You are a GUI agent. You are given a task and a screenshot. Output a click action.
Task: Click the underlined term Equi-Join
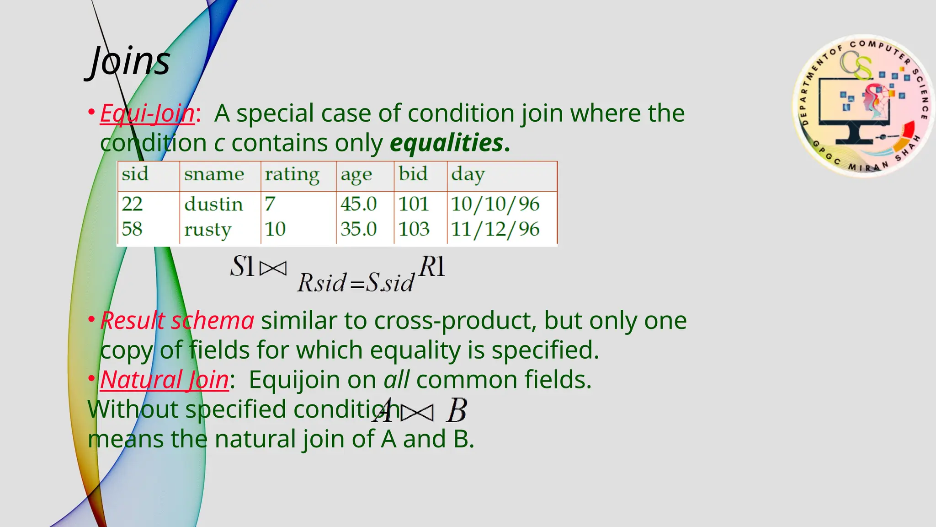pyautogui.click(x=147, y=113)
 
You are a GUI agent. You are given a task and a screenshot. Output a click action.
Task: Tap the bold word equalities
pyautogui.click(x=447, y=143)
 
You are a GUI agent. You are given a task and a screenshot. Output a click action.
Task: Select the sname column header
pyautogui.click(x=214, y=174)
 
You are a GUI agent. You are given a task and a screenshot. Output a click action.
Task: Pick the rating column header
pyautogui.click(x=292, y=175)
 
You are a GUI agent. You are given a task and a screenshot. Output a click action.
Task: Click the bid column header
pyautogui.click(x=413, y=174)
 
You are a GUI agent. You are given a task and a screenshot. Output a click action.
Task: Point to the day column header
pyautogui.click(x=468, y=175)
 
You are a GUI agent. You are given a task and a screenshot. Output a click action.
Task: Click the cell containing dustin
pyautogui.click(x=213, y=204)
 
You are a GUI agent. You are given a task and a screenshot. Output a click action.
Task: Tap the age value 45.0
pyautogui.click(x=358, y=204)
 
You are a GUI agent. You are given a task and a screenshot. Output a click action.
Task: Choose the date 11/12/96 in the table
pyautogui.click(x=495, y=229)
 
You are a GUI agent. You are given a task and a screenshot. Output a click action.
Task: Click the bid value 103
pyautogui.click(x=414, y=229)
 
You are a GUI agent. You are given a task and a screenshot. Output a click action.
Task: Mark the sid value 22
pyautogui.click(x=132, y=204)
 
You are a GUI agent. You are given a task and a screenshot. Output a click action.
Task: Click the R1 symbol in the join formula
pyautogui.click(x=432, y=267)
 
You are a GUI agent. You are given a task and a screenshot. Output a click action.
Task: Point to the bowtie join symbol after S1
pyautogui.click(x=273, y=268)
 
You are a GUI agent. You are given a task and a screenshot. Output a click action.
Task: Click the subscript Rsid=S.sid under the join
pyautogui.click(x=356, y=283)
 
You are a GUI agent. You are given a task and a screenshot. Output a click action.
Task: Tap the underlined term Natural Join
pyautogui.click(x=165, y=380)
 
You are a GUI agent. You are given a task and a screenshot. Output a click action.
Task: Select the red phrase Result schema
pyautogui.click(x=177, y=320)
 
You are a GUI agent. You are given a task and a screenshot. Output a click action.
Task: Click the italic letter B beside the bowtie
pyautogui.click(x=457, y=410)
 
